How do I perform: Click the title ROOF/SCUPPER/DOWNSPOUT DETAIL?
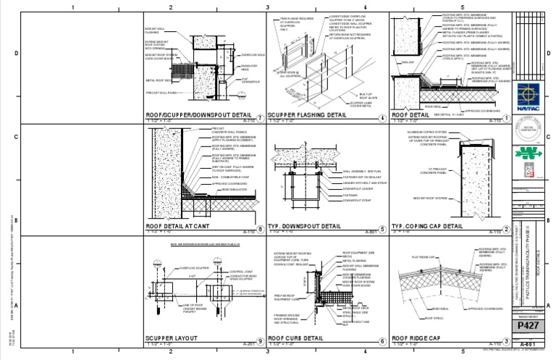tap(198, 115)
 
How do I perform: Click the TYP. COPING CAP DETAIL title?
tap(426, 226)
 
